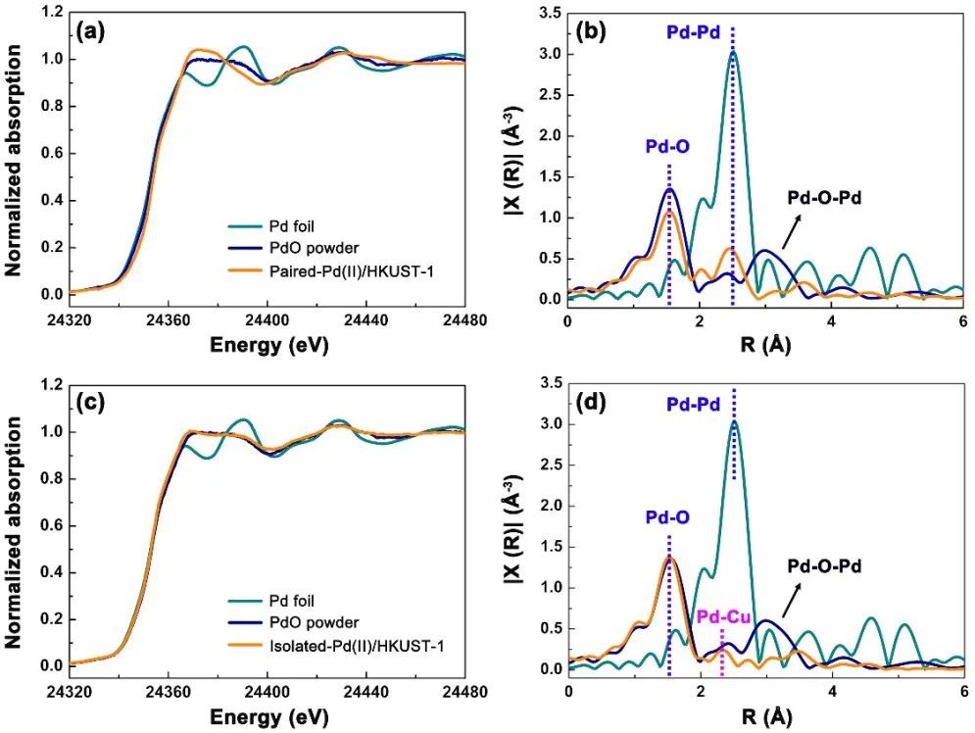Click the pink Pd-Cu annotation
click(723, 617)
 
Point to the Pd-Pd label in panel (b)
click(694, 32)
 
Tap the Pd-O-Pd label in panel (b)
click(831, 195)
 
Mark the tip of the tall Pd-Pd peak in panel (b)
click(732, 53)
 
